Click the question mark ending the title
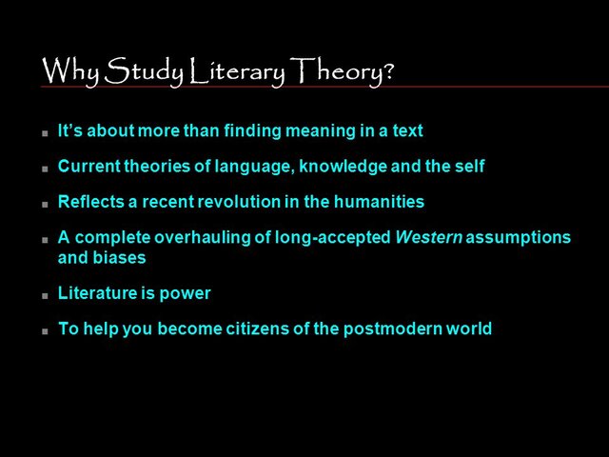(x=388, y=71)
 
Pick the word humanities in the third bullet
(x=377, y=202)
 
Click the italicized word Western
(x=428, y=237)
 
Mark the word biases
(x=119, y=257)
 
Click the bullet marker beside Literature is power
(x=45, y=295)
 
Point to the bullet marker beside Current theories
(x=45, y=169)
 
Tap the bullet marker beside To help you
(x=45, y=331)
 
